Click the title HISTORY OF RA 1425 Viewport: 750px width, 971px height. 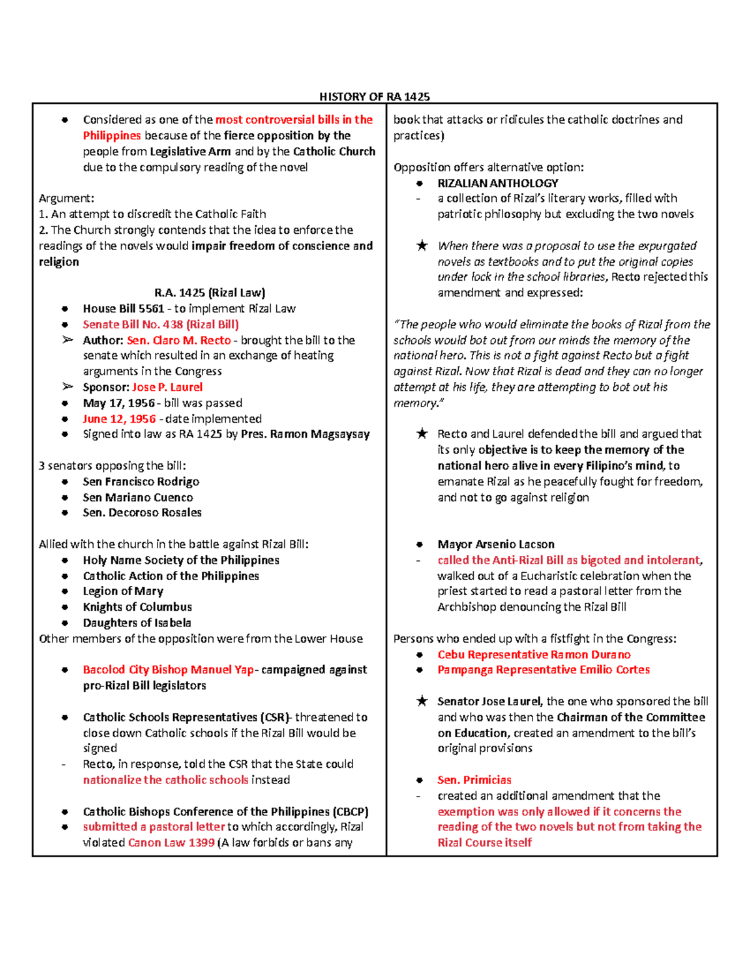[x=374, y=96]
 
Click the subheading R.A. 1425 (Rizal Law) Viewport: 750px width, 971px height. [x=209, y=293]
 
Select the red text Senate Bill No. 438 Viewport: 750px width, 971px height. [x=161, y=325]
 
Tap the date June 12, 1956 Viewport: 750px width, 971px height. [x=119, y=419]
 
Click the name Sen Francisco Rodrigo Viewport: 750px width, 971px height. [x=141, y=481]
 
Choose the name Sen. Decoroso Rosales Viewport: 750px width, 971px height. [x=142, y=513]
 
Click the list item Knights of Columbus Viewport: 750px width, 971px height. [x=137, y=607]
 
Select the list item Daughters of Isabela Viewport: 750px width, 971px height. [x=137, y=623]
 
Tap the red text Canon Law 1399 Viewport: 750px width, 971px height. [x=171, y=843]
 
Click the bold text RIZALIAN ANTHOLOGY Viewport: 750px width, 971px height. [x=498, y=183]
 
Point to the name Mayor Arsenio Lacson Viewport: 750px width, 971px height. [x=496, y=545]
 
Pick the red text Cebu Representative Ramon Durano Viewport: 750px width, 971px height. [x=534, y=655]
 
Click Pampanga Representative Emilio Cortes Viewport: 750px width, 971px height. [x=544, y=670]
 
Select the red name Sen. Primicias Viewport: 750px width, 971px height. [x=474, y=780]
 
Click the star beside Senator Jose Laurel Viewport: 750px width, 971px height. [x=422, y=702]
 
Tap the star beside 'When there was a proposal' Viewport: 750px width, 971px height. [x=422, y=246]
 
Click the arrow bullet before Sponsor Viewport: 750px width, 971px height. [x=67, y=387]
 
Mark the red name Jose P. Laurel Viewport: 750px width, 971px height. [x=167, y=388]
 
